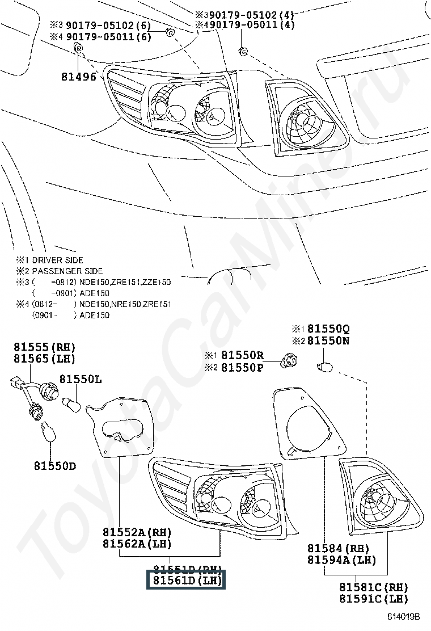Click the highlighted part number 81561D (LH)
coord(186,580)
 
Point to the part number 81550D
coord(54,466)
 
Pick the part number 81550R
coord(242,355)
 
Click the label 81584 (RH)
coord(338,549)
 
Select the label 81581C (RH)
coord(374,587)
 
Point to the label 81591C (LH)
coord(374,599)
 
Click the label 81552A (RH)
coord(137,532)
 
